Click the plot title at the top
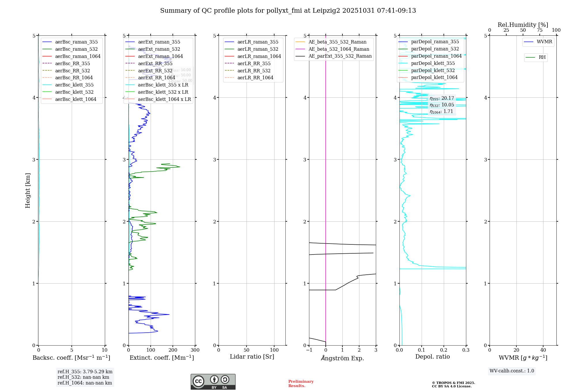pos(288,11)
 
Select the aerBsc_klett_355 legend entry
pos(74,85)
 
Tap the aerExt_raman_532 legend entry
pos(159,49)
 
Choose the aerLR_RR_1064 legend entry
pos(255,78)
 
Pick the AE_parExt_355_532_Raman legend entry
pos(340,56)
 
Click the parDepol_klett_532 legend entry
pos(433,70)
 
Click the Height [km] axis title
pos(28,190)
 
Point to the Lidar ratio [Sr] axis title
pos(252,357)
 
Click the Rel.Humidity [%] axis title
pos(523,25)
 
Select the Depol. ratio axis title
pos(432,357)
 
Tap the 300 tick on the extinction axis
pos(195,350)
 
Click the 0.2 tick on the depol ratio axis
pos(444,350)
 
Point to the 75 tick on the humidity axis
pos(539,30)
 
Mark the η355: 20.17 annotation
pos(442,98)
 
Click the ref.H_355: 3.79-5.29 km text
pos(85,372)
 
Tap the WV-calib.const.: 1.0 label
pos(512,371)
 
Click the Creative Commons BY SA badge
pos(213,382)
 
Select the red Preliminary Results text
pos(301,383)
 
